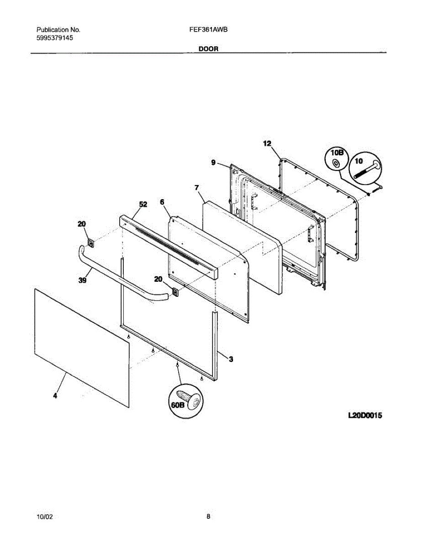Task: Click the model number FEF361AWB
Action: tap(208, 30)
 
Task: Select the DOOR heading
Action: tap(208, 48)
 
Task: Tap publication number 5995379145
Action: tap(55, 38)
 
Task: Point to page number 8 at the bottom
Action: tap(208, 517)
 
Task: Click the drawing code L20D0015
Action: tap(365, 416)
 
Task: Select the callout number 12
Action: tap(267, 143)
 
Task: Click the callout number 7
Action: tap(196, 187)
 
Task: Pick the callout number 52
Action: tap(143, 205)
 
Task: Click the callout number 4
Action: tap(55, 396)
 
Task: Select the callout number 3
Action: tap(231, 359)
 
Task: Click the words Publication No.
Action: tap(58, 30)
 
